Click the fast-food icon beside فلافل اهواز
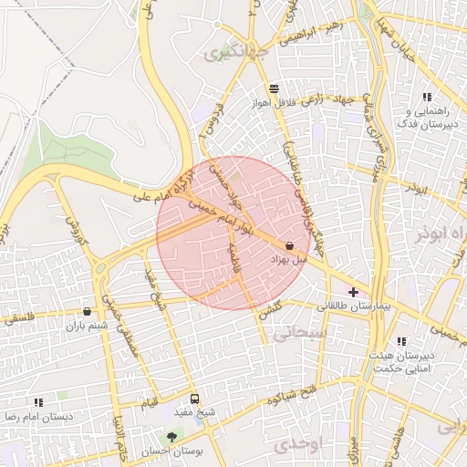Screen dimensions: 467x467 pos(274,88)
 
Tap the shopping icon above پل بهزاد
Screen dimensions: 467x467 pos(289,245)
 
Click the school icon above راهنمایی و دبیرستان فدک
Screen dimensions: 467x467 pos(426,98)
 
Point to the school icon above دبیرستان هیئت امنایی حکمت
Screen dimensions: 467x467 pos(401,341)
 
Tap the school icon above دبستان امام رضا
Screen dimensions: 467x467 pos(38,401)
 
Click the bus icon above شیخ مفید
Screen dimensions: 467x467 pos(194,399)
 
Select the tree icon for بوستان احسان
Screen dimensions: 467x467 pos(171,438)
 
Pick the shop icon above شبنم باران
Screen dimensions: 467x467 pos(87,312)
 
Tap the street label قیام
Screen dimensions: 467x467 pos(149,402)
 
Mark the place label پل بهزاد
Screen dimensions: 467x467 pos(289,261)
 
